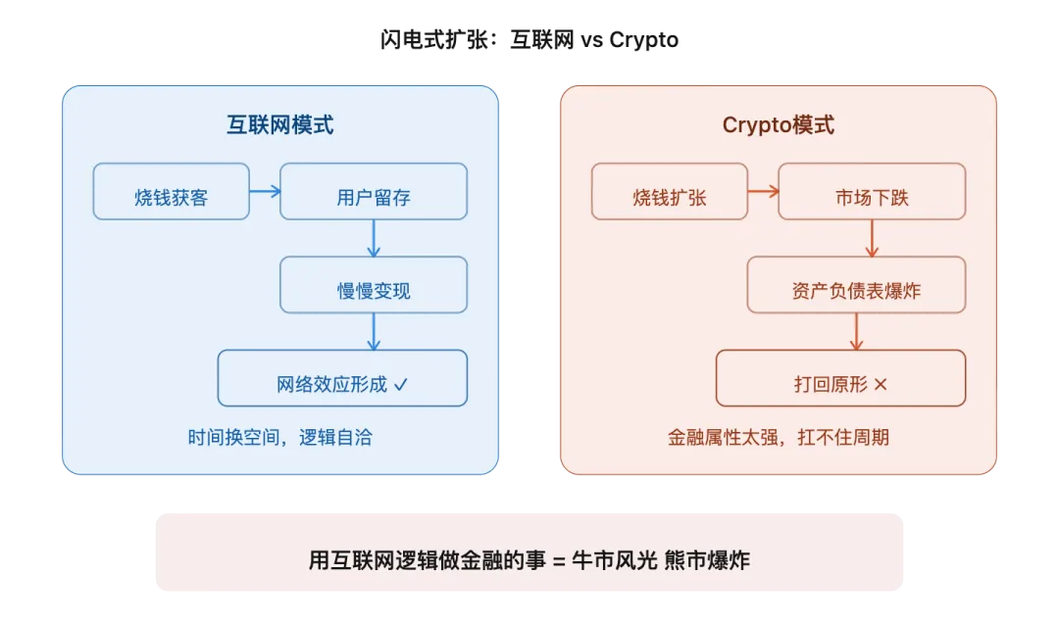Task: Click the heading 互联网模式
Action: pos(280,125)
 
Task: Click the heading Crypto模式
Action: pos(779,125)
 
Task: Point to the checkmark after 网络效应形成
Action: pos(400,385)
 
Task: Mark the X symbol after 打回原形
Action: pos(880,385)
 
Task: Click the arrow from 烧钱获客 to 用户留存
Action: pos(265,191)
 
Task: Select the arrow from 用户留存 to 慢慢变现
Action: pos(374,237)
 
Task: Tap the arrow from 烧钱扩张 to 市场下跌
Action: pos(763,191)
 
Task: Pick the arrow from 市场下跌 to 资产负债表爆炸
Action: pos(872,237)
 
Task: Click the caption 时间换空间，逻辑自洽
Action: pos(280,438)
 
